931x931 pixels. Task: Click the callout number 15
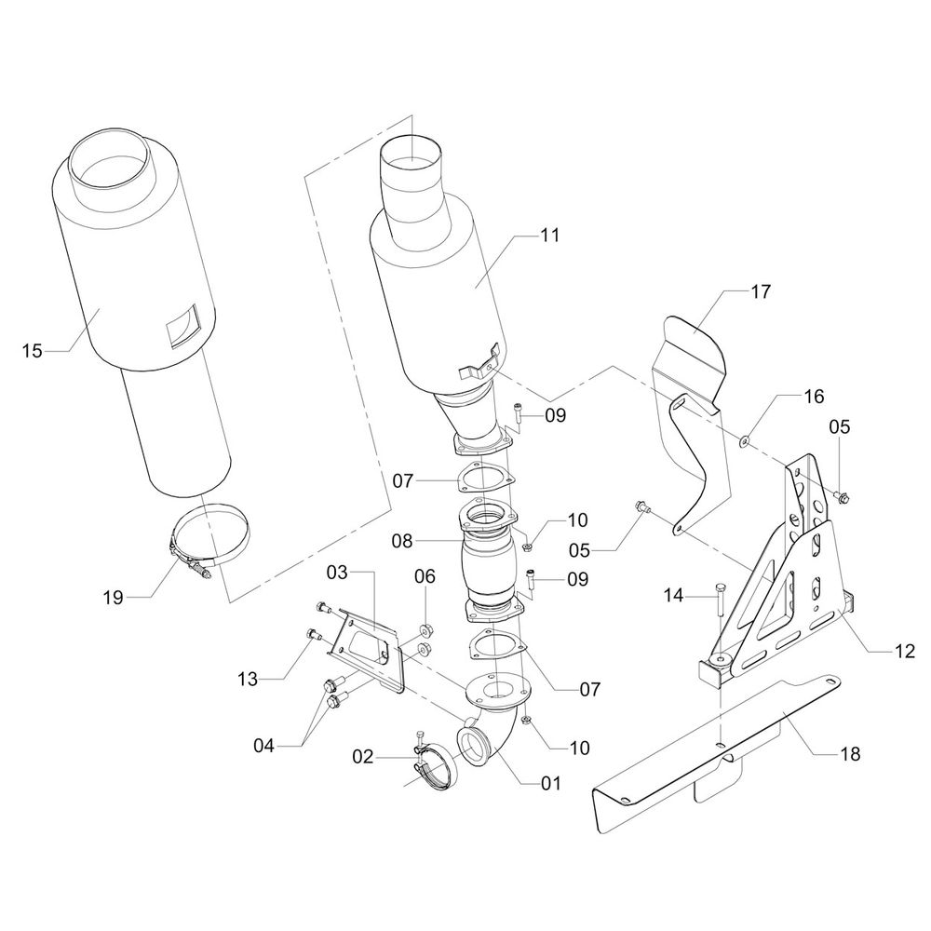click(x=32, y=351)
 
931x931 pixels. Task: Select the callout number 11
click(x=549, y=236)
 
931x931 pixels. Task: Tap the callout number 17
click(x=760, y=292)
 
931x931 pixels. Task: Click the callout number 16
click(x=814, y=397)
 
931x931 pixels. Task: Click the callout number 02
click(x=362, y=757)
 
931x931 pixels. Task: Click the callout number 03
click(x=336, y=568)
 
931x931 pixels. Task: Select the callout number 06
click(x=425, y=577)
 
